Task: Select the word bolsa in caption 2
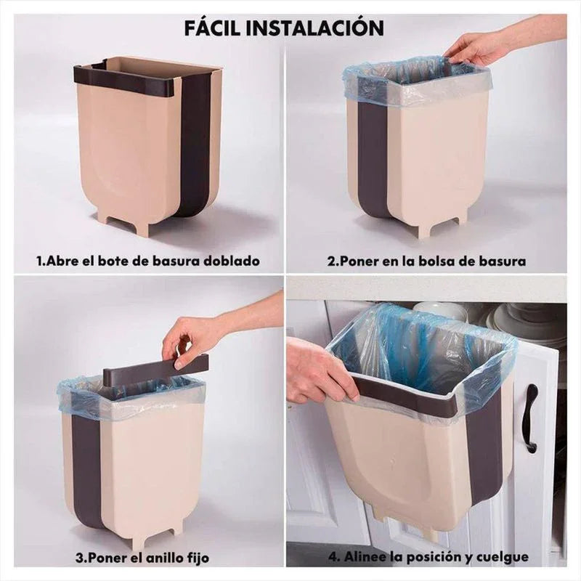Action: click(x=438, y=260)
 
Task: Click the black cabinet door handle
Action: click(x=531, y=418)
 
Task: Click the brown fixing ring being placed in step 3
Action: click(x=155, y=370)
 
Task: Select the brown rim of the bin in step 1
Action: click(x=123, y=80)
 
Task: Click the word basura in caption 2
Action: click(x=501, y=260)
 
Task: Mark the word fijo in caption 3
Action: click(x=198, y=558)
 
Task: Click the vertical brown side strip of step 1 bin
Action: click(x=196, y=145)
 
